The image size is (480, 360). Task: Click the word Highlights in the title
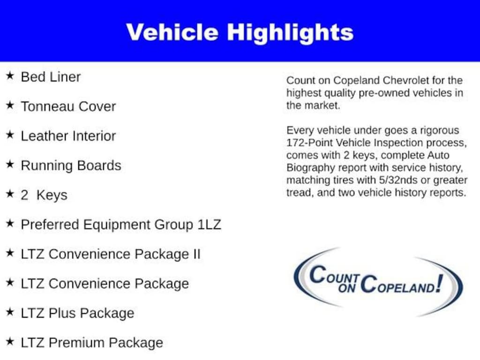pos(290,32)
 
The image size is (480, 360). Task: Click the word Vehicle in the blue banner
pos(172,32)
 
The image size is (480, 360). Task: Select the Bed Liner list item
pos(51,77)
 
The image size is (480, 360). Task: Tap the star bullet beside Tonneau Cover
pos(10,105)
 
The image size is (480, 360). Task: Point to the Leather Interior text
pos(68,136)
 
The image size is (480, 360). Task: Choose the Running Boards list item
pos(71,165)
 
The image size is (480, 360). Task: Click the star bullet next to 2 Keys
pos(10,194)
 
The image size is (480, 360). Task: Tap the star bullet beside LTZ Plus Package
pos(10,312)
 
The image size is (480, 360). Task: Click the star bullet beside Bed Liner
pos(10,76)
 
